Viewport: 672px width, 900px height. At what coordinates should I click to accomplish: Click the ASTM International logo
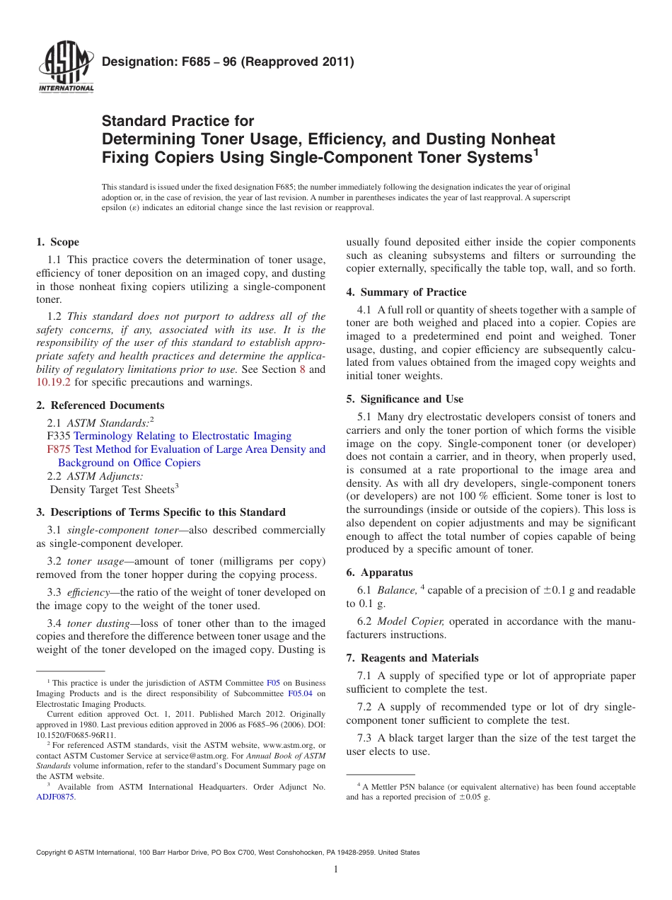point(66,69)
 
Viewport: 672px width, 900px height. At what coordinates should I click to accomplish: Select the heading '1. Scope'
point(58,242)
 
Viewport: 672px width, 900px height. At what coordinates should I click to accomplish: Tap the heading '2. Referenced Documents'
point(100,405)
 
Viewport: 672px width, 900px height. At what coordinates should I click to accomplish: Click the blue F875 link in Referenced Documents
point(56,449)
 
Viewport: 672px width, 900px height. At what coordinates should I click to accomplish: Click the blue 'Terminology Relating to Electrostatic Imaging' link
point(183,436)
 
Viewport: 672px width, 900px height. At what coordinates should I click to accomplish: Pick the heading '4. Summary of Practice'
point(406,292)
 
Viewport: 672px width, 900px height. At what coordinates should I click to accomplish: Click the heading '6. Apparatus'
point(379,572)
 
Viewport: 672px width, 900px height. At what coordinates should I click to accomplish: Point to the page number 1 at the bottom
point(336,870)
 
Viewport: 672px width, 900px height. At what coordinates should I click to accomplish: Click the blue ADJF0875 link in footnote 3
point(55,797)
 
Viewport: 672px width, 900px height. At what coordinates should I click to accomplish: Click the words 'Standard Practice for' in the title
point(178,121)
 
